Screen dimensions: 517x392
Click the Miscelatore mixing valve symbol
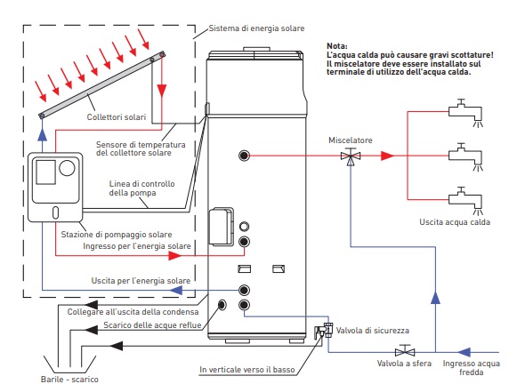click(351, 156)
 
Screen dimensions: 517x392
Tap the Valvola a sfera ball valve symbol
click(405, 350)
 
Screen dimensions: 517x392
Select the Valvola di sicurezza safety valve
click(324, 331)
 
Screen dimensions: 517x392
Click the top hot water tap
click(465, 112)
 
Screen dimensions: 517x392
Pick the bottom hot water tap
click(465, 200)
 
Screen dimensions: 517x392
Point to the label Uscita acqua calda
click(455, 222)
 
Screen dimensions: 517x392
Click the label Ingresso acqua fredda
click(471, 368)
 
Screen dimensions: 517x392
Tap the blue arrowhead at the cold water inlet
click(464, 352)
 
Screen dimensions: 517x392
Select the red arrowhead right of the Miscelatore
click(387, 156)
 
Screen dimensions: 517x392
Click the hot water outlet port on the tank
click(244, 156)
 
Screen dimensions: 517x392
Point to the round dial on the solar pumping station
click(67, 168)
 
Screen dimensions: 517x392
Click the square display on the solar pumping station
click(45, 172)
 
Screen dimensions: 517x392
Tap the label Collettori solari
click(117, 117)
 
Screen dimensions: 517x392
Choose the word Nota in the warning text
click(337, 46)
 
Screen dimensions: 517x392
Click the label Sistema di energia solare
click(256, 28)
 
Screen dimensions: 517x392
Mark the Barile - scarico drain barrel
click(69, 365)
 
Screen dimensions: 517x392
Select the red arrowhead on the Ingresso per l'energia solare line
click(174, 255)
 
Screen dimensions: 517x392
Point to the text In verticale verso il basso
click(247, 370)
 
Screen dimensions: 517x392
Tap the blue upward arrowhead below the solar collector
click(42, 134)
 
